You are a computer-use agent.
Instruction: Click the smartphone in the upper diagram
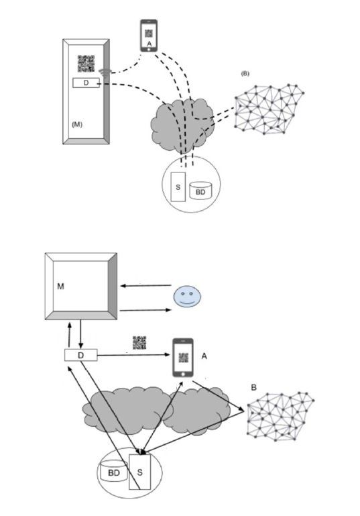149,36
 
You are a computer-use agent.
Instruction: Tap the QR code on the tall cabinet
86,64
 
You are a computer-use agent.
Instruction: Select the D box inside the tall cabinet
86,83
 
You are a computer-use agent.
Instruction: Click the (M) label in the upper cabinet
77,125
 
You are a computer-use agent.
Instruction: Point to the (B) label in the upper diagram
245,74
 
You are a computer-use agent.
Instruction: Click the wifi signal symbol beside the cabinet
104,73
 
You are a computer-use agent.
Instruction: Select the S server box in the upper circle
178,187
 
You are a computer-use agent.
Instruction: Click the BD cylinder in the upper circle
200,191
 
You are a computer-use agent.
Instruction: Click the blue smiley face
188,296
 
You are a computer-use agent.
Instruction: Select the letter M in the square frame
60,287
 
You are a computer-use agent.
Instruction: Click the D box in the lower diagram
80,356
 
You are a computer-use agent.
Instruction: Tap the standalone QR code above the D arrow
139,343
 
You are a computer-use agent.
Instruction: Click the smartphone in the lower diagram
183,358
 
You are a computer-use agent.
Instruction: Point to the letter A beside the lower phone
204,356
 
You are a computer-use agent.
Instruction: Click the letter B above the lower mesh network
253,388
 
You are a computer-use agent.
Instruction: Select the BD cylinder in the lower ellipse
114,471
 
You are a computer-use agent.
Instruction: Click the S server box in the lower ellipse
139,472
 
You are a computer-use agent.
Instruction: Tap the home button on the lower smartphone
183,374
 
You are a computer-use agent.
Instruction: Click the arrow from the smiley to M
145,286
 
